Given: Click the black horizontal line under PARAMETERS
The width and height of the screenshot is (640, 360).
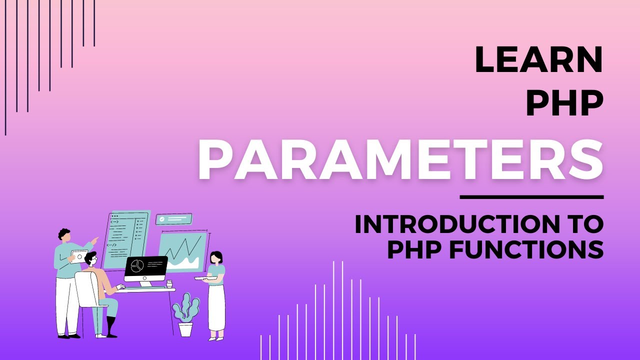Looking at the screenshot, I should click(531, 197).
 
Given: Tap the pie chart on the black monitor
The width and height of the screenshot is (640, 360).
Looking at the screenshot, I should click(137, 266).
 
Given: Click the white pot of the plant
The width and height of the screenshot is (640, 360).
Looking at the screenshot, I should click(185, 329).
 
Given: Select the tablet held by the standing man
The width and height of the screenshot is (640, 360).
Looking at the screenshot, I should click(78, 256).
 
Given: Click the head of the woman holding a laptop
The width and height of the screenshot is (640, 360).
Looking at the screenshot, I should click(216, 257).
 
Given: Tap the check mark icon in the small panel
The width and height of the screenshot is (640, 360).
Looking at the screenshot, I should click(162, 219).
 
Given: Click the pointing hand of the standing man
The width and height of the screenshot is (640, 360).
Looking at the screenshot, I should click(95, 239).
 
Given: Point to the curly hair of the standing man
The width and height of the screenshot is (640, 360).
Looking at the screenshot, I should click(63, 234).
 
